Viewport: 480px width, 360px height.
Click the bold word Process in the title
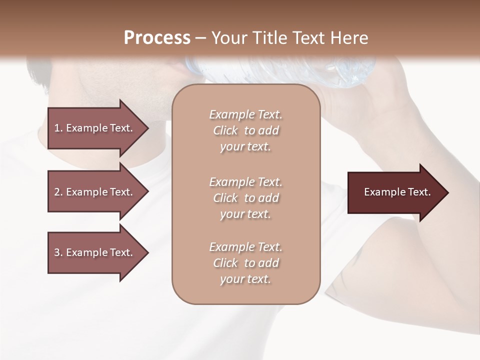[x=157, y=38]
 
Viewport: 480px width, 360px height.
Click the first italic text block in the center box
[x=245, y=130]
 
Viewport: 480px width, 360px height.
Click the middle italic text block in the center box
[x=245, y=198]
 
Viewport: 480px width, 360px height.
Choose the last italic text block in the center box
[x=245, y=263]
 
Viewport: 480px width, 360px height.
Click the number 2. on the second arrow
[x=58, y=192]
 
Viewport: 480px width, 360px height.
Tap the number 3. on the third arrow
[x=58, y=252]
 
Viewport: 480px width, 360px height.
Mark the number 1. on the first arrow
[x=58, y=128]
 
